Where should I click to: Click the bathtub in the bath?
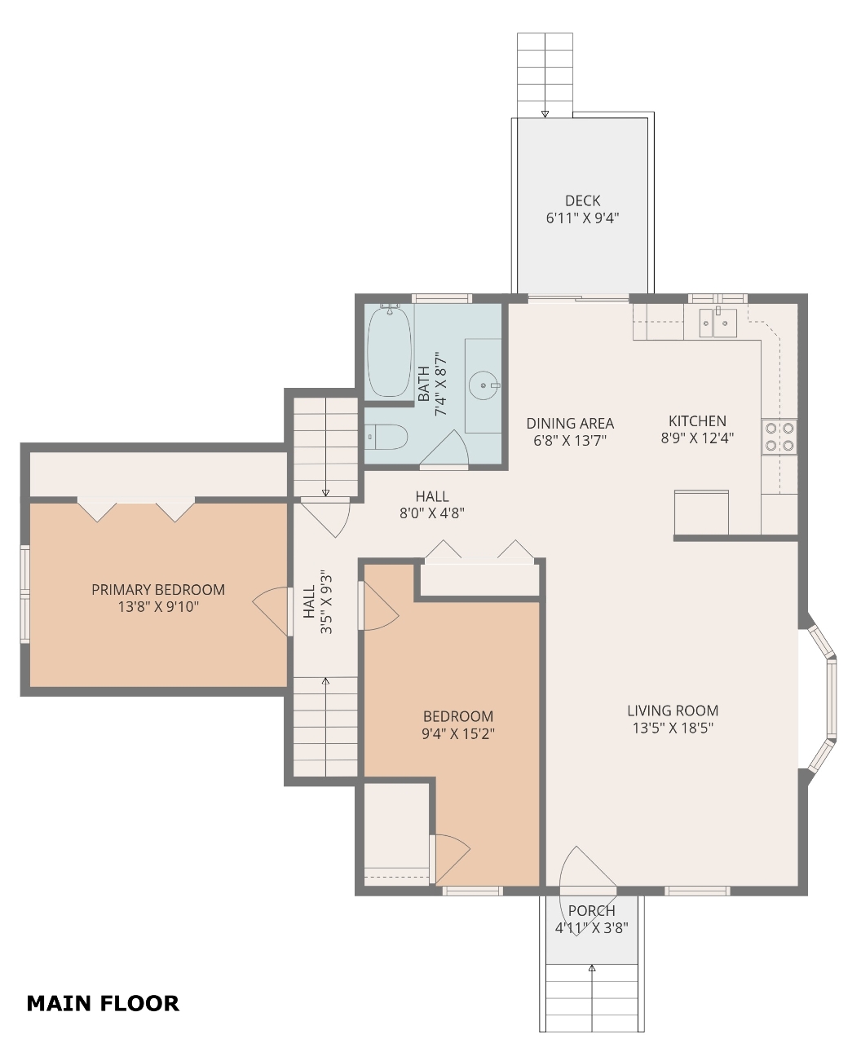pyautogui.click(x=389, y=351)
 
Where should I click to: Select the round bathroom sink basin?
pyautogui.click(x=483, y=385)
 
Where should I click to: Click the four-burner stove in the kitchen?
pyautogui.click(x=779, y=437)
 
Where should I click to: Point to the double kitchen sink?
pyautogui.click(x=717, y=323)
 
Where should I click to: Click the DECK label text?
pyautogui.click(x=582, y=200)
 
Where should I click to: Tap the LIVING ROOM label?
pyautogui.click(x=673, y=711)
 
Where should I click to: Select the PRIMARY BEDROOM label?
pyautogui.click(x=158, y=589)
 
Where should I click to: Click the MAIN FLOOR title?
pyautogui.click(x=103, y=1004)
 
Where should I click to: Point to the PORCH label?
pyautogui.click(x=591, y=911)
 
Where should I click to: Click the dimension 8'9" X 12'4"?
pyautogui.click(x=697, y=438)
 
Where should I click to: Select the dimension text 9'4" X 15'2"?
pyautogui.click(x=458, y=734)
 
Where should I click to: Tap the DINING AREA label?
pyautogui.click(x=570, y=424)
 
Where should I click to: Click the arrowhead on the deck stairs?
pyautogui.click(x=545, y=114)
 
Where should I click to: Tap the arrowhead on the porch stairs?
pyautogui.click(x=592, y=967)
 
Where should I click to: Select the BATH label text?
pyautogui.click(x=423, y=384)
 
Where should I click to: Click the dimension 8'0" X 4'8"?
pyautogui.click(x=432, y=513)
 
